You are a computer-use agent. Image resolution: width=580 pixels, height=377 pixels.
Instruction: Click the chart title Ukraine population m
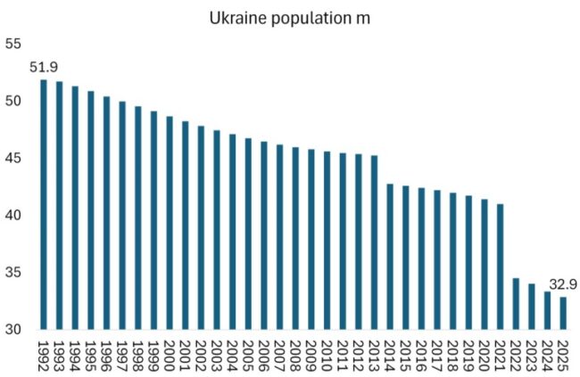coord(289,18)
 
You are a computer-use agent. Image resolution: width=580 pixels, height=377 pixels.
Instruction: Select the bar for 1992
coord(44,205)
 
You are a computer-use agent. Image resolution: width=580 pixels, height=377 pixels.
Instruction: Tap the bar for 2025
coord(563,313)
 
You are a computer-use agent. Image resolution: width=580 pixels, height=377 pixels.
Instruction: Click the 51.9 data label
coord(45,68)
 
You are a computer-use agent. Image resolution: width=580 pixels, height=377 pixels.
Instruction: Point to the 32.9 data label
coord(562,286)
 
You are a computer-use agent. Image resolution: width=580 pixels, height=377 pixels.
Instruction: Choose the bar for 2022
coord(516,304)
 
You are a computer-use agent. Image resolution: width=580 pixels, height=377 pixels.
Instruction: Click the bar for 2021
coord(500,266)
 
